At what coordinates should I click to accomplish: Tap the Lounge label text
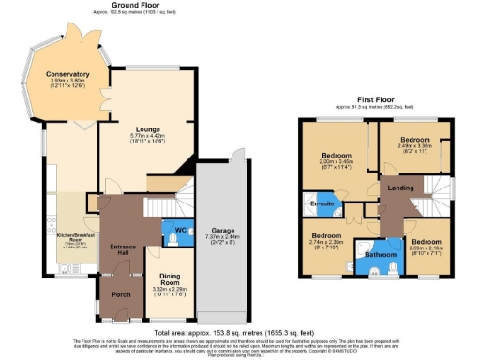tap(148, 127)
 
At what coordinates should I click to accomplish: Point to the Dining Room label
tap(170, 278)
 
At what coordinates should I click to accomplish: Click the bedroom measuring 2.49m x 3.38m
tap(413, 142)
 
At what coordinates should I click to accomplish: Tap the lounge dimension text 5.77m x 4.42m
tap(148, 135)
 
